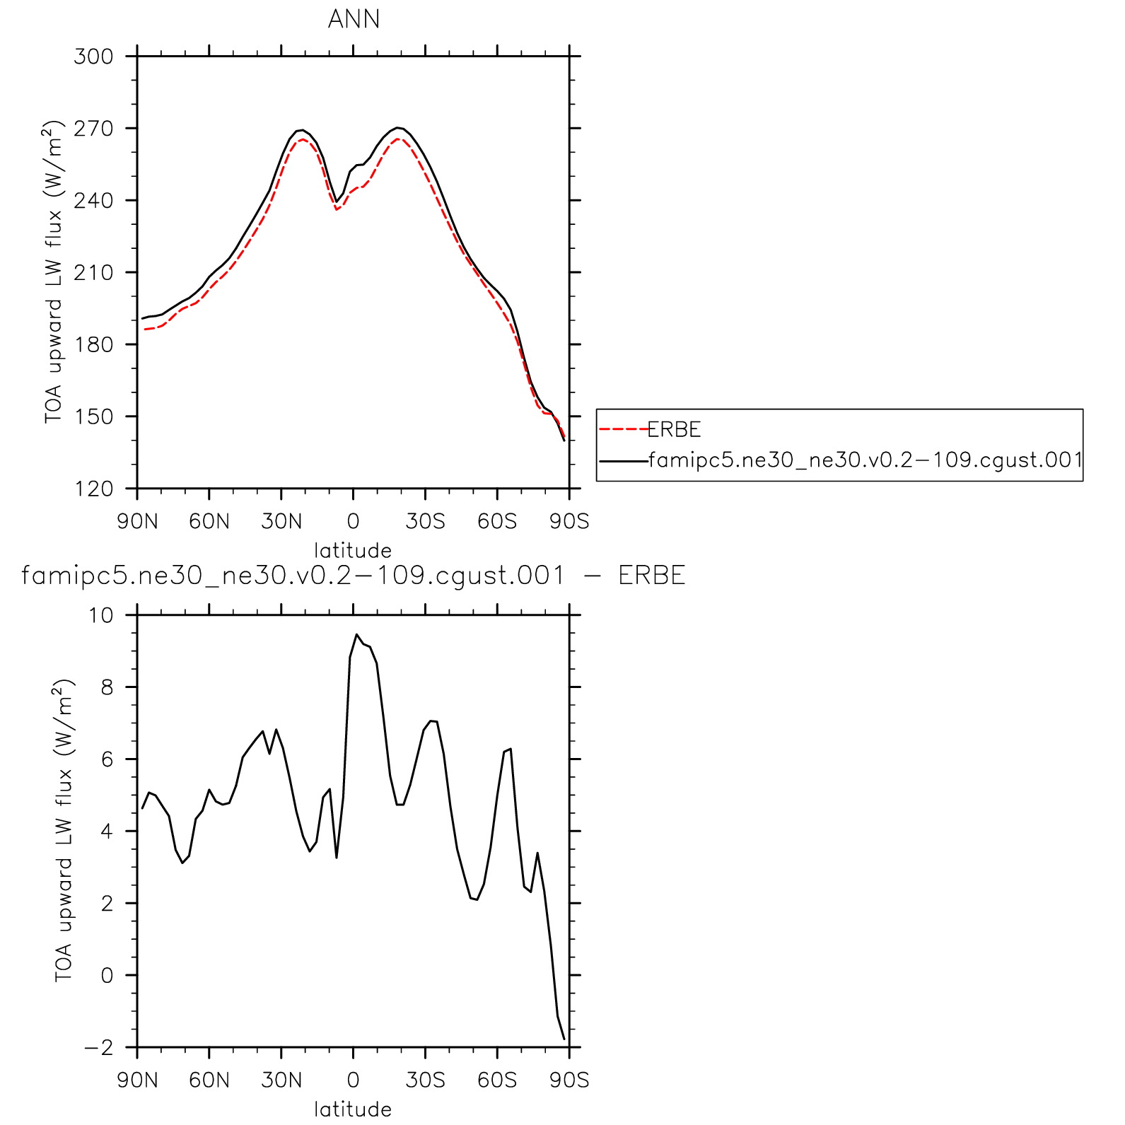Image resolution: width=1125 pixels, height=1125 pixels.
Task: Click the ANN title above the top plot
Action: [354, 19]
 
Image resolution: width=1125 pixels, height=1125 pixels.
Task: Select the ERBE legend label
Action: [674, 429]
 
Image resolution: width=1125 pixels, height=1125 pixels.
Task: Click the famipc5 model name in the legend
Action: [865, 460]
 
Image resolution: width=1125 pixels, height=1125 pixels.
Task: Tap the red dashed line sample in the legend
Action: [623, 429]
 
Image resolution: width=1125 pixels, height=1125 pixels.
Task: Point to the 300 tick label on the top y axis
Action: [93, 57]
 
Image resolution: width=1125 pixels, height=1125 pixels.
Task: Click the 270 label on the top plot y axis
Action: [93, 129]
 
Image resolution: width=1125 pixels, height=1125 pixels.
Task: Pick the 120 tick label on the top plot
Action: [93, 489]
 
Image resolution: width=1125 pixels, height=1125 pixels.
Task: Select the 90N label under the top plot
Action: [137, 522]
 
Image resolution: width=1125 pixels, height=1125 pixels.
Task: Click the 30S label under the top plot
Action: [425, 522]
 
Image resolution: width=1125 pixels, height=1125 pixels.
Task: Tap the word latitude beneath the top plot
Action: [353, 550]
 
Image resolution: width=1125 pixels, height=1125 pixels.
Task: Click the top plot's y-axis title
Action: [54, 272]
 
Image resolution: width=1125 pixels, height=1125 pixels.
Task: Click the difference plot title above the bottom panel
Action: [353, 576]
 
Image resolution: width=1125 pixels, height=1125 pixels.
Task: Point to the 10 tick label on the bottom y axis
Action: [100, 615]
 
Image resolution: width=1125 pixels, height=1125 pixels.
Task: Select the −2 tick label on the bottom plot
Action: [98, 1048]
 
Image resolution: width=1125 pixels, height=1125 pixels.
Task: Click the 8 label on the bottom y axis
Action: [107, 687]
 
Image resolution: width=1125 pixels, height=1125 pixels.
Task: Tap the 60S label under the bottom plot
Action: [497, 1080]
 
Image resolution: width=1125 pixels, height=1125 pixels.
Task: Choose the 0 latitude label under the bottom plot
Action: [353, 1080]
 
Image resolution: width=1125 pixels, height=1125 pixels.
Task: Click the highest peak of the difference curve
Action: [356, 635]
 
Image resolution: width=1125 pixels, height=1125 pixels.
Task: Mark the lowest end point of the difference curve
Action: [564, 1039]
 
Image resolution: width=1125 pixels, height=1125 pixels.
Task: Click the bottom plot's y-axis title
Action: [64, 831]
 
